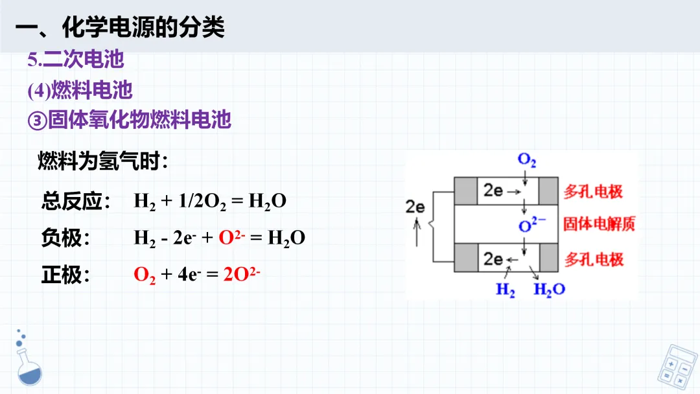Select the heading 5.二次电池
76,60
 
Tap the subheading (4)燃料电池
80,90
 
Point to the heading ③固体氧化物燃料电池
130,120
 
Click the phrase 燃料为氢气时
102,161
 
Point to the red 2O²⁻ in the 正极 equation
242,274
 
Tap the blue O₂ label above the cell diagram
526,161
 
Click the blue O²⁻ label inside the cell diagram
532,224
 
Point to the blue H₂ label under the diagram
506,289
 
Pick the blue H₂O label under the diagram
549,289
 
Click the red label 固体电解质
599,224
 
